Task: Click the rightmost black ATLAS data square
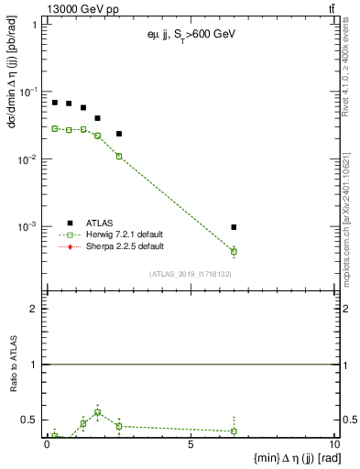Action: click(x=235, y=227)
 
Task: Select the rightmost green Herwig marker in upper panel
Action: click(x=235, y=251)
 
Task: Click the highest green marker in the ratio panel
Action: click(x=97, y=412)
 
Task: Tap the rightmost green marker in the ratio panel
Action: click(x=235, y=431)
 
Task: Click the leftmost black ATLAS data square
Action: click(x=55, y=103)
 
